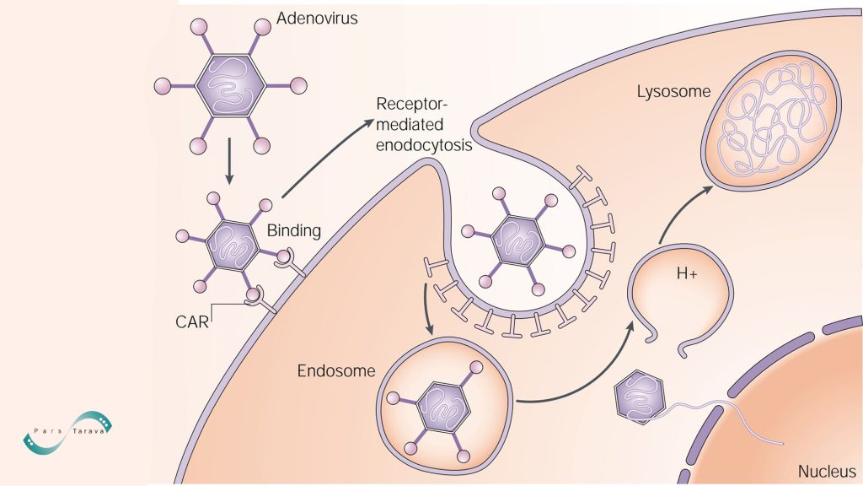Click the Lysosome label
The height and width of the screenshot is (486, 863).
(x=674, y=90)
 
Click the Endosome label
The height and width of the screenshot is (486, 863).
(x=336, y=371)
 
